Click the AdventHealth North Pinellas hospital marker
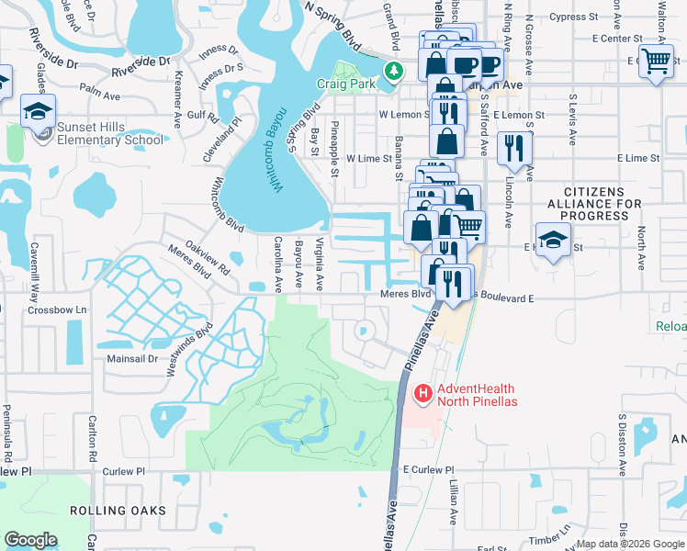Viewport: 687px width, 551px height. pos(423,394)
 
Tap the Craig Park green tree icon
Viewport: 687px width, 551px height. pos(393,71)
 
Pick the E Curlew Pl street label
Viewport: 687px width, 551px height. pos(422,470)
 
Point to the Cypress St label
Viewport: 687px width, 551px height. pos(575,17)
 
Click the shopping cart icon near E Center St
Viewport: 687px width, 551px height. pos(656,62)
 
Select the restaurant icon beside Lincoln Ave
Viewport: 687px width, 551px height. pos(513,148)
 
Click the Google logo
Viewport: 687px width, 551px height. pos(30,540)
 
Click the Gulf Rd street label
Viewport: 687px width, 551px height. pos(202,117)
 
